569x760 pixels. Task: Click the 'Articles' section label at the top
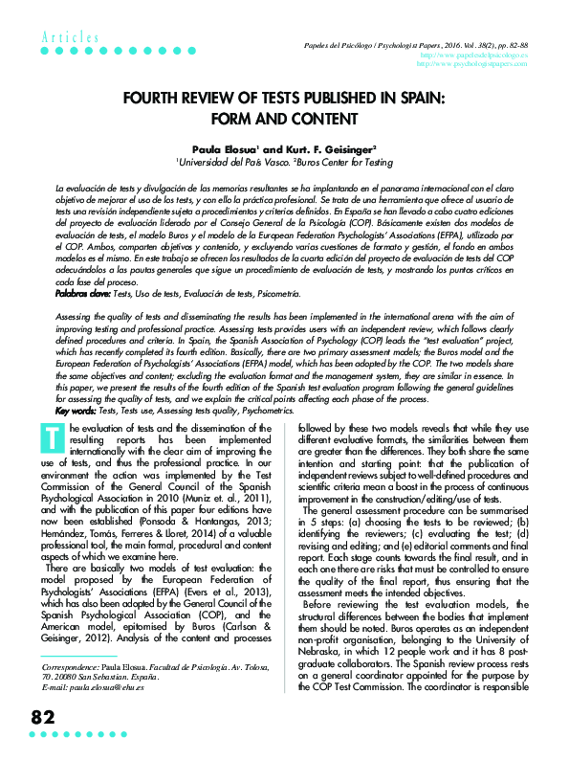point(70,36)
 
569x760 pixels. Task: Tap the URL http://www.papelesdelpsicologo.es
point(487,56)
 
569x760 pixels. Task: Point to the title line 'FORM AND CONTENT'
point(283,119)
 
